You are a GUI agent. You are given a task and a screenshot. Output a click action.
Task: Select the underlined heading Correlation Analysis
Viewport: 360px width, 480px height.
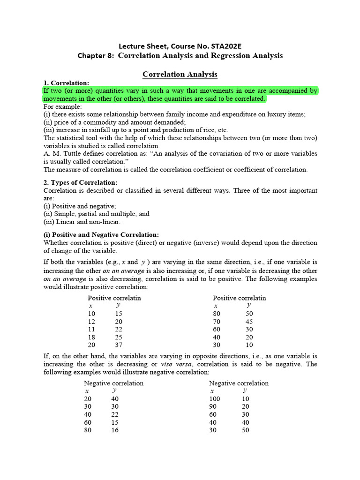180,74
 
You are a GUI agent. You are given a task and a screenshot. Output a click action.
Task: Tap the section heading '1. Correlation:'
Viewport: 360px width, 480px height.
66,83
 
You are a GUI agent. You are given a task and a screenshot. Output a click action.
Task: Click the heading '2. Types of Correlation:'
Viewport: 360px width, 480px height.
81,182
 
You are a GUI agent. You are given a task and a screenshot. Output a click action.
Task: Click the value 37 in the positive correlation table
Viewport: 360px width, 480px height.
119,345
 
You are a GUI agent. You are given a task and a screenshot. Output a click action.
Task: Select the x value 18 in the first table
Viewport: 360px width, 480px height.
91,337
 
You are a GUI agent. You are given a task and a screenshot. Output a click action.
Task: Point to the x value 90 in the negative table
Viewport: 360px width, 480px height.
213,406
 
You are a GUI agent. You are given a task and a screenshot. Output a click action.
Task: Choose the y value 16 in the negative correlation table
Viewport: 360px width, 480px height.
115,430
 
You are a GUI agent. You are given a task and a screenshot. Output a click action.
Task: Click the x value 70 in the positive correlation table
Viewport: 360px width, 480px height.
217,322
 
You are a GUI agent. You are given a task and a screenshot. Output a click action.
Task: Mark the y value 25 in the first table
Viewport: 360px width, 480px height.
119,337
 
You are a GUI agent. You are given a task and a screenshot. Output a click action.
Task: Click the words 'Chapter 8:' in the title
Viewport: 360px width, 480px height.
96,56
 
